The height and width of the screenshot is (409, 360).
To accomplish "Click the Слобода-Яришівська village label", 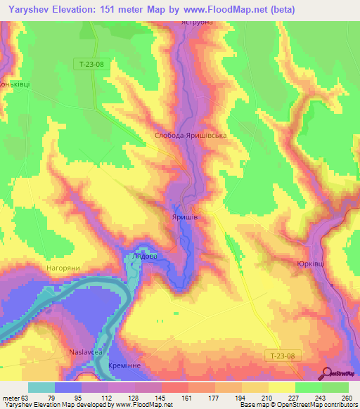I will click(x=190, y=135).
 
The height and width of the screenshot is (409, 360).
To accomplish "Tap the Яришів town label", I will click(x=185, y=218).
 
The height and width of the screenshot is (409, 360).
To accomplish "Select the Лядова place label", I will click(x=145, y=257).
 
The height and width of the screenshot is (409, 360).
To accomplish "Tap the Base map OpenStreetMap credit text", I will click(x=302, y=405).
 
